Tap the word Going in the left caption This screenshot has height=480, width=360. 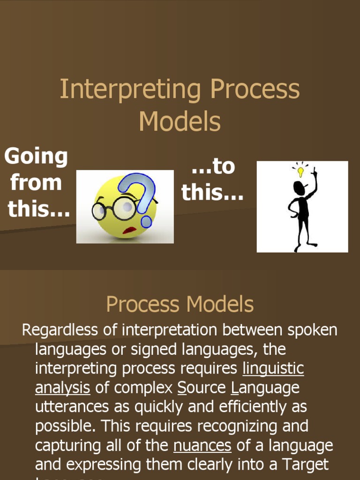point(36,156)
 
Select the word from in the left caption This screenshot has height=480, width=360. point(36,182)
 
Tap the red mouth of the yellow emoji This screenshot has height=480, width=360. point(129,230)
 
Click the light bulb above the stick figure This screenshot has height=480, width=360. point(300,172)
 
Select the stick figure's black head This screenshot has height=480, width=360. point(299,188)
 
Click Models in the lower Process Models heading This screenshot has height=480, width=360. point(220,304)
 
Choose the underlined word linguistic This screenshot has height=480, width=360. point(273,369)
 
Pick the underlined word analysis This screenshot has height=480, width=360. point(63,388)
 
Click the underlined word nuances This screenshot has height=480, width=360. point(202,445)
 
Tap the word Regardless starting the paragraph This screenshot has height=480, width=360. point(61,330)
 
